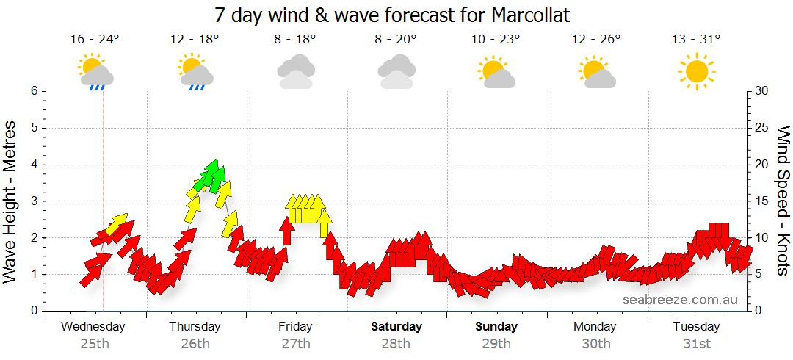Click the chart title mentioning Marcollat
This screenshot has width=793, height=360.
393,15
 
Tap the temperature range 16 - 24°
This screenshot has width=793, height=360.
95,40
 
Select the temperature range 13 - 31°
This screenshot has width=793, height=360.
696,40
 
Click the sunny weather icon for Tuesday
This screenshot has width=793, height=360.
696,71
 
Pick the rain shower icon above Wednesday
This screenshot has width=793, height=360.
95,71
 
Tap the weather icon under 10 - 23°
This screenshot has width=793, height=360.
496,71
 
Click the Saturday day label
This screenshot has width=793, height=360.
396,326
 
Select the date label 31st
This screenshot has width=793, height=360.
696,344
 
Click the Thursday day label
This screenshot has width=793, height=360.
195,326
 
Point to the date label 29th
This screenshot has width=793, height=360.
496,344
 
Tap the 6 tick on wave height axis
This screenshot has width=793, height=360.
33,91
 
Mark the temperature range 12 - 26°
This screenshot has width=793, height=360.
595,40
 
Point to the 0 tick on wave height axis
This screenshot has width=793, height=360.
33,311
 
